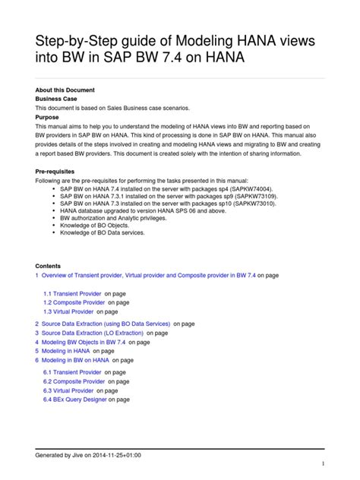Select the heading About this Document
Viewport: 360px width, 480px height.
pos(68,90)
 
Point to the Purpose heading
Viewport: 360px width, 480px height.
pos(48,118)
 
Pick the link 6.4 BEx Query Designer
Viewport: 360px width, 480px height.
pos(75,399)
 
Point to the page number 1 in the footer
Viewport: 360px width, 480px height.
pos(324,465)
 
